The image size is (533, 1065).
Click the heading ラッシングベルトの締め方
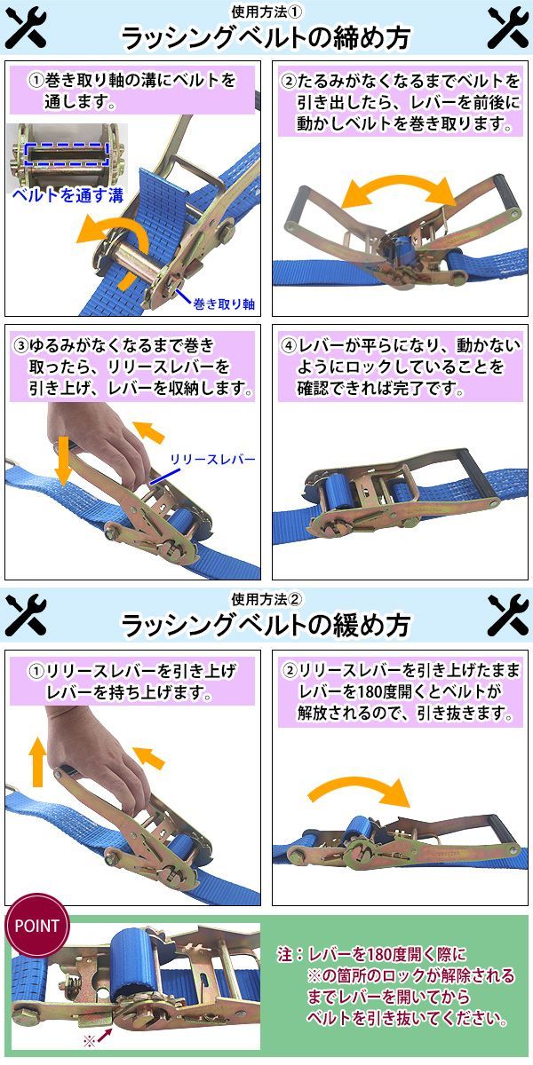tap(266, 37)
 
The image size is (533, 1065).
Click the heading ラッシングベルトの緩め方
tap(266, 625)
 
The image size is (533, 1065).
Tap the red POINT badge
tap(36, 925)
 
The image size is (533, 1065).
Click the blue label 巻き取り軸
tap(224, 304)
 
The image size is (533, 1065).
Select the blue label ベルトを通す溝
tap(68, 195)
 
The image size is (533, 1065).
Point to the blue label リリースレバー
tap(212, 460)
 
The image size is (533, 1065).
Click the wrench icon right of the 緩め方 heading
tap(508, 616)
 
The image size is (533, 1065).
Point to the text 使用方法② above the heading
tap(266, 600)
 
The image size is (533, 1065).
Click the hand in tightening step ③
tap(102, 440)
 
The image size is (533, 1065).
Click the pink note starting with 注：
tap(396, 986)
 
